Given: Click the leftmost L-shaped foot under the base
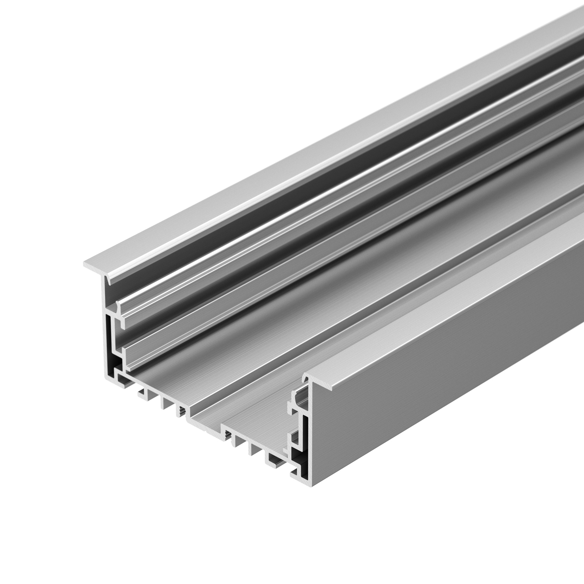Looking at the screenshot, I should [141, 393].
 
